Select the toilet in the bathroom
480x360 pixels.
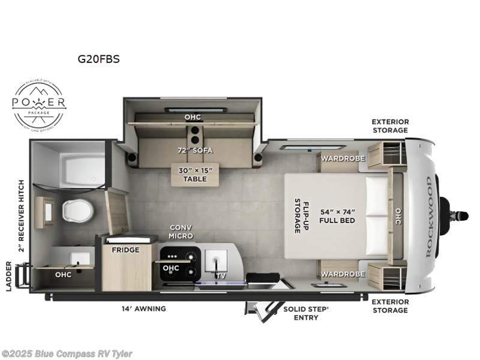(77, 210)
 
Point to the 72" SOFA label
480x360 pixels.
(193, 149)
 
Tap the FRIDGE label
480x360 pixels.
(126, 250)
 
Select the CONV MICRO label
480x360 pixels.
(181, 231)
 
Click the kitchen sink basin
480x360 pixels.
(214, 262)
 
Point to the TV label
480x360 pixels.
(223, 275)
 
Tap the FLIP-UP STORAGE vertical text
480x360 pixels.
(297, 215)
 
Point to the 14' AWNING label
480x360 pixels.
(142, 308)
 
